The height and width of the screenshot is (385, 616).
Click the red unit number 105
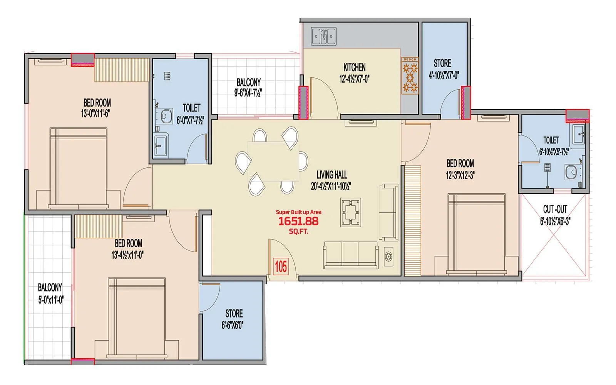pos(281,266)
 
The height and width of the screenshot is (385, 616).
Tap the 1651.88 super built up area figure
pos(298,221)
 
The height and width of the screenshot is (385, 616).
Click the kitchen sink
pos(324,37)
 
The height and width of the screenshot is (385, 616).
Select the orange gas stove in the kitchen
pos(410,76)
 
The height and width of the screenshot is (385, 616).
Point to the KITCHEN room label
pos(354,67)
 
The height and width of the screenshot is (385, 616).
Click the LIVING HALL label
pos(331,175)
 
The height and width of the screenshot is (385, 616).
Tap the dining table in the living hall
pos(273,161)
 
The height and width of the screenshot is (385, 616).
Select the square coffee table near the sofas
pos(351,212)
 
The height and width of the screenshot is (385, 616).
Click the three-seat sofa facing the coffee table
pos(351,255)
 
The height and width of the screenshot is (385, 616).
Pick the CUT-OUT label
pos(555,210)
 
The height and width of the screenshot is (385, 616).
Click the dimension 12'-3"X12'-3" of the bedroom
pos(460,175)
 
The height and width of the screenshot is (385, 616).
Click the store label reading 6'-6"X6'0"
pos(233,325)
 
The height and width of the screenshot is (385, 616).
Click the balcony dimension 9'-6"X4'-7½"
pos(248,93)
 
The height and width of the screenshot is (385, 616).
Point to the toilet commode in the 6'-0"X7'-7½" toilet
pos(166,116)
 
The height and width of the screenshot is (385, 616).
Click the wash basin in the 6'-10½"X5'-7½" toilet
pos(578,133)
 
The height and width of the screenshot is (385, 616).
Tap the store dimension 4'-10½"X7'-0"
pos(444,75)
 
